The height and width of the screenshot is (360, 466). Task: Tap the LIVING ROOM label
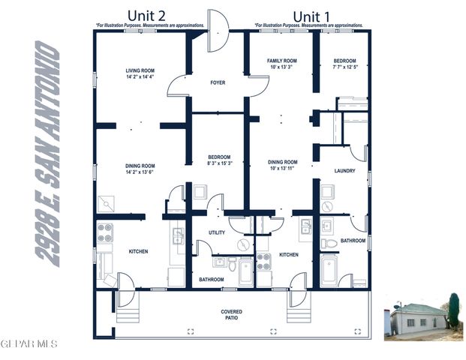(140, 73)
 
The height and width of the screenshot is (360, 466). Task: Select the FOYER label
(218, 83)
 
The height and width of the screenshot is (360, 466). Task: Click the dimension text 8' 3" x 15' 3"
(219, 163)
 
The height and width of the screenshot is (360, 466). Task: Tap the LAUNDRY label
(344, 171)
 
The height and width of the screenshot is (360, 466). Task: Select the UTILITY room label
(217, 232)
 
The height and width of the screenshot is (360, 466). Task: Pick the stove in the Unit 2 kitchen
(104, 231)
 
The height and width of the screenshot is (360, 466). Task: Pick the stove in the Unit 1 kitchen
(264, 262)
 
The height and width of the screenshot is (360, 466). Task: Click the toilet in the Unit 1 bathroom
(329, 243)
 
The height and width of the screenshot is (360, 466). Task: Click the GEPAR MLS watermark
(29, 344)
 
